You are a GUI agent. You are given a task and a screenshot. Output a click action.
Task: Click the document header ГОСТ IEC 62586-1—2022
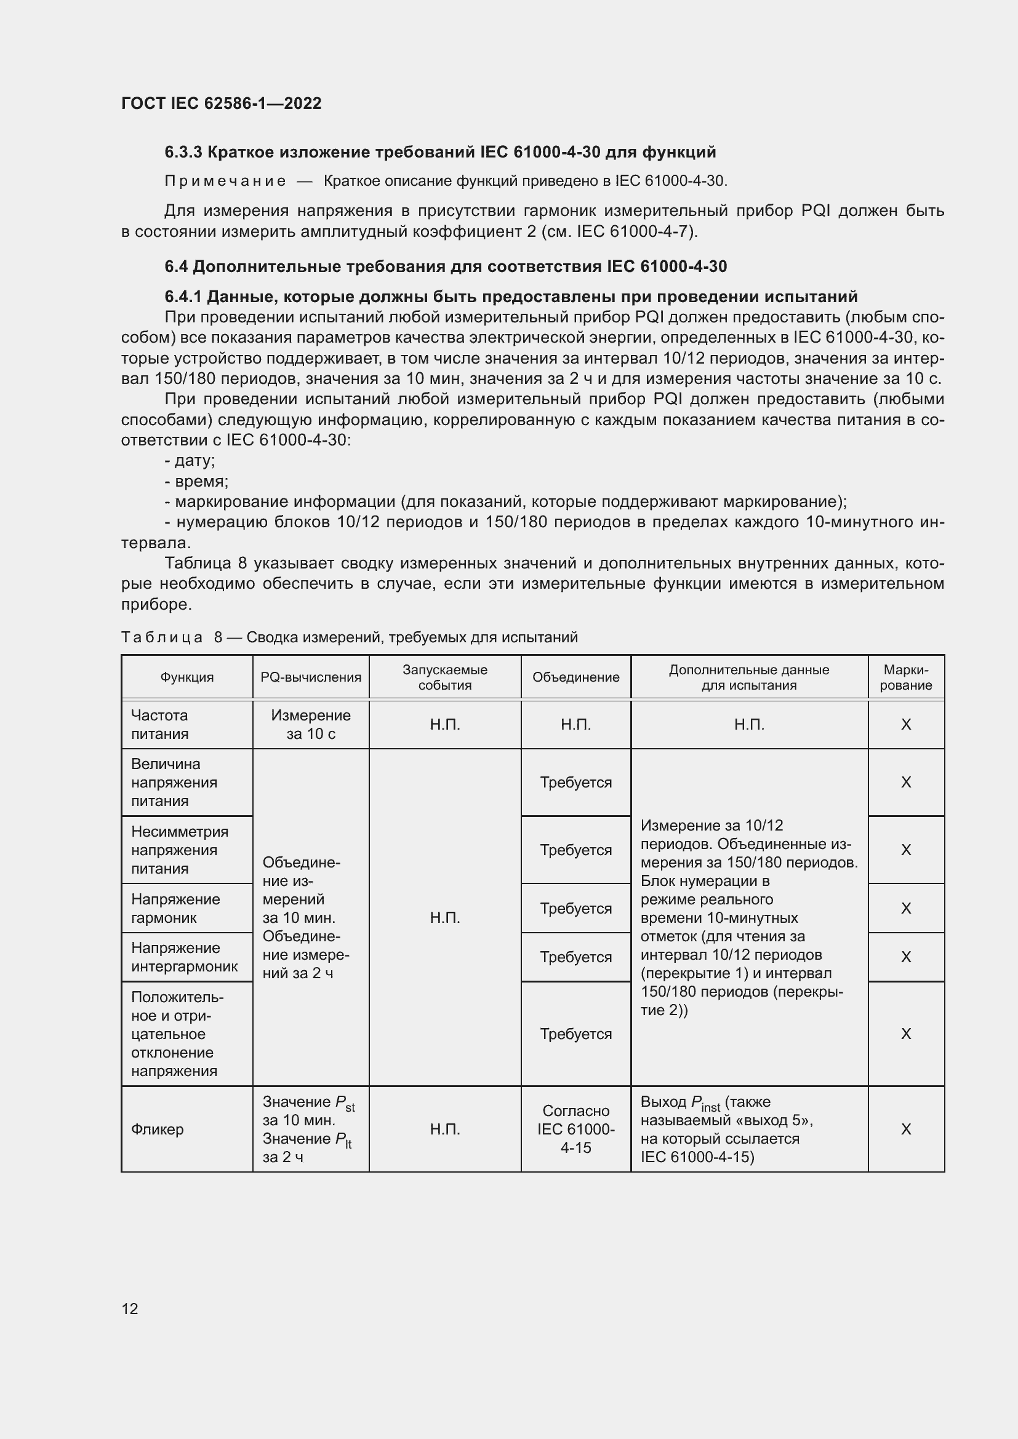(x=222, y=103)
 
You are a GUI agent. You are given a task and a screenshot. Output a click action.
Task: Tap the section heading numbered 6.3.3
(x=440, y=152)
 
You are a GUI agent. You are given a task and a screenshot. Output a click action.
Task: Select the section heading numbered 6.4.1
(x=511, y=297)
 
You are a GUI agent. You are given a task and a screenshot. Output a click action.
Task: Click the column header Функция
(x=187, y=677)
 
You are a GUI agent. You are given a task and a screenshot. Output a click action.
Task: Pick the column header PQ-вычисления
(x=311, y=677)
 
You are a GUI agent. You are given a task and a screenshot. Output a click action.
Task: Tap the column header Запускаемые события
(x=444, y=677)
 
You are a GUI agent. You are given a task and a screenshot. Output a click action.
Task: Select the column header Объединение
(x=575, y=677)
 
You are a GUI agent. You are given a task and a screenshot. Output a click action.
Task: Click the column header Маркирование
(x=906, y=677)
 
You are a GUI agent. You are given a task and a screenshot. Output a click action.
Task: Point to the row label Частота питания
(x=160, y=725)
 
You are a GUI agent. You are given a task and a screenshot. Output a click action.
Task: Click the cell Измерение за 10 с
(x=311, y=725)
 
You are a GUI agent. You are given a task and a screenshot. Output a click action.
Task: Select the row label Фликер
(x=158, y=1130)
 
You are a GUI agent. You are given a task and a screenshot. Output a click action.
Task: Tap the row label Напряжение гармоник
(x=175, y=908)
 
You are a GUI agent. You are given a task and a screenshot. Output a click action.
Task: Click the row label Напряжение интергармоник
(x=184, y=957)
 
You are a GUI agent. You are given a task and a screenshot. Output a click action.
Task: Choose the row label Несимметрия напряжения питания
(x=179, y=850)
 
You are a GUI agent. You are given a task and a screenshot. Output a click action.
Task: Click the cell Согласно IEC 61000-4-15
(x=575, y=1130)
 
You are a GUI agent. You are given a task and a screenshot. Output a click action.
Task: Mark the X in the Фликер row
(x=906, y=1130)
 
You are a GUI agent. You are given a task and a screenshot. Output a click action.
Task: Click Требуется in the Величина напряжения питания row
(x=575, y=783)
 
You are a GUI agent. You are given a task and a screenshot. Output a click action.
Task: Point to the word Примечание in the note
(x=225, y=181)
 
